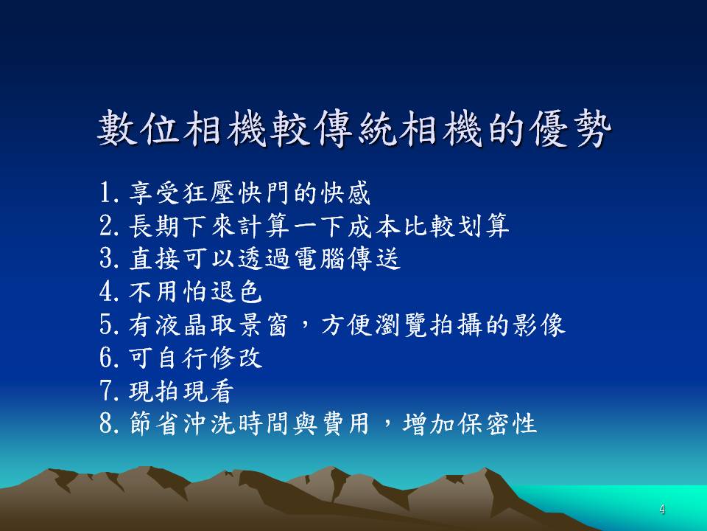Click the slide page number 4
click(x=662, y=510)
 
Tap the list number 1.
click(x=105, y=192)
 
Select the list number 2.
click(x=106, y=226)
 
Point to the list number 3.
click(x=106, y=258)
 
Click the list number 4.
click(x=106, y=291)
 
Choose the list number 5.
click(x=106, y=324)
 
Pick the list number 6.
click(x=106, y=357)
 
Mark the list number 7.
click(x=106, y=390)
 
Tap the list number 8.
click(x=106, y=423)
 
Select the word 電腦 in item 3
click(x=319, y=258)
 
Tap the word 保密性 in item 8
click(x=496, y=423)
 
